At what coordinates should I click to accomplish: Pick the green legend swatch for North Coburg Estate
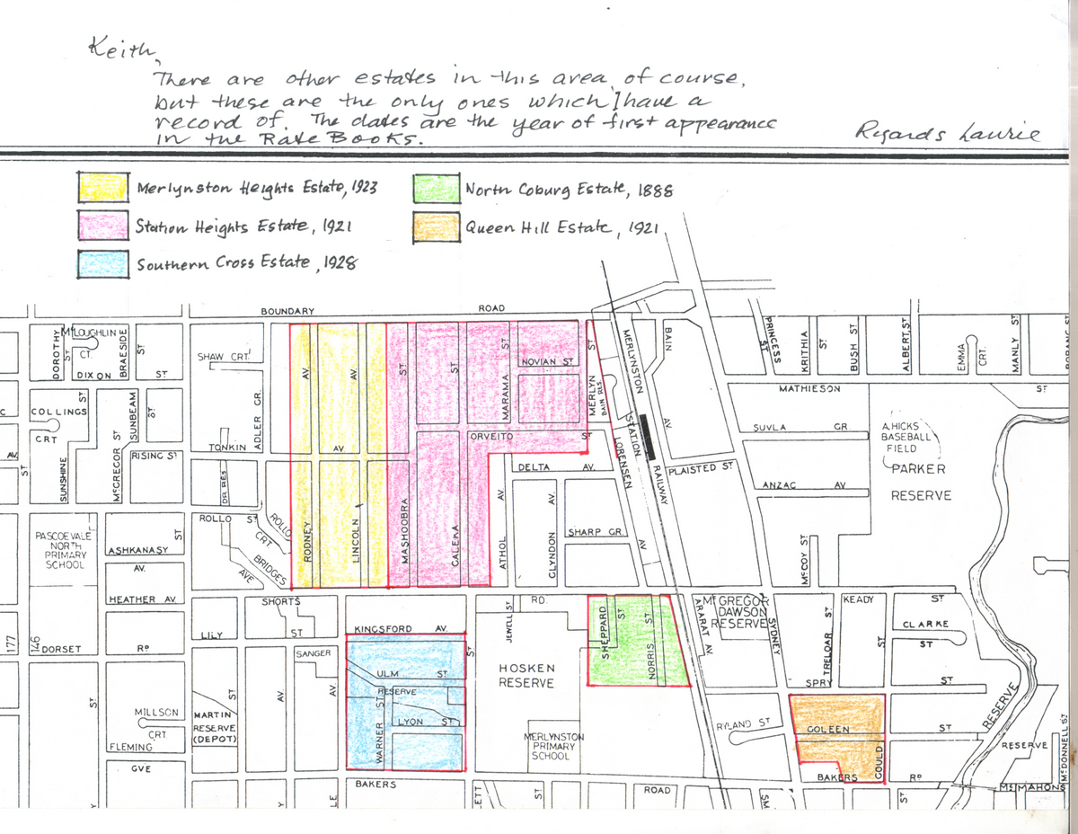click(x=436, y=189)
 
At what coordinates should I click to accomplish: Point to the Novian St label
click(x=547, y=362)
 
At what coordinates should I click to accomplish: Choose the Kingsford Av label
click(x=401, y=628)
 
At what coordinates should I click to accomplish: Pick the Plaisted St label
click(x=702, y=469)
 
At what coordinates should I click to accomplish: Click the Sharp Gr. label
click(x=596, y=532)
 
